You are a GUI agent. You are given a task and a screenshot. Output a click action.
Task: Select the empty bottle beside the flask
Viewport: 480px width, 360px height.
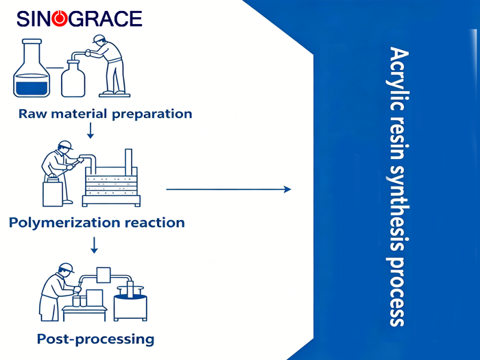pos(73,77)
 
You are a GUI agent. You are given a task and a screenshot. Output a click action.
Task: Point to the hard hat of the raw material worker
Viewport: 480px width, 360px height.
pos(99,38)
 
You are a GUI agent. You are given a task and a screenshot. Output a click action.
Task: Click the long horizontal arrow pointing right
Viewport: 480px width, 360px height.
pos(228,189)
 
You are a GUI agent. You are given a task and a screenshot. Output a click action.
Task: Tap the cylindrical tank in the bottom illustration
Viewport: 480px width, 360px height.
pos(130,302)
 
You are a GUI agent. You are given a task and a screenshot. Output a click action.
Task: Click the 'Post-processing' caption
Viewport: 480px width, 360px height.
pos(95,339)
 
